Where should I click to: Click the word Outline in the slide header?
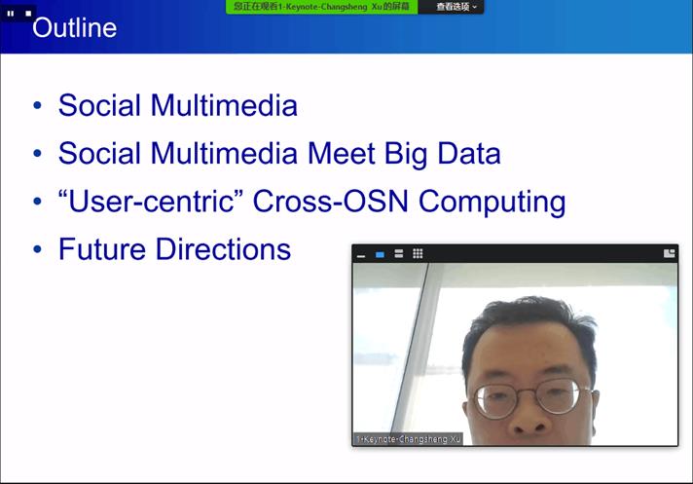click(x=75, y=28)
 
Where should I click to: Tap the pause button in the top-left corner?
click(x=11, y=14)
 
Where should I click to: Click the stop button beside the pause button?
click(x=28, y=14)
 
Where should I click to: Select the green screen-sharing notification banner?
click(x=321, y=7)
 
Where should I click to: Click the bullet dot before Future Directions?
click(x=38, y=249)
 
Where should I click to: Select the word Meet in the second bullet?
click(x=342, y=153)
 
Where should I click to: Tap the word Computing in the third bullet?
click(x=492, y=202)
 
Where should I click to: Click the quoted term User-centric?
click(x=151, y=202)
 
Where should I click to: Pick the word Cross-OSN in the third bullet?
click(x=330, y=202)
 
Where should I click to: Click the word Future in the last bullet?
click(x=102, y=249)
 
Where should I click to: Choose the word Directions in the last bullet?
click(x=224, y=249)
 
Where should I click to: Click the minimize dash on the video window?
click(x=361, y=255)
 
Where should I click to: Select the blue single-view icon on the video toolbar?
click(x=380, y=254)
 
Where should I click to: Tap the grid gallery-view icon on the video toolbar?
click(x=418, y=253)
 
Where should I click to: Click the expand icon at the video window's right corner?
click(x=669, y=253)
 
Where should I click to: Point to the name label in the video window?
click(x=408, y=439)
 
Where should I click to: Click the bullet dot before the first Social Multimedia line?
click(x=38, y=105)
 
